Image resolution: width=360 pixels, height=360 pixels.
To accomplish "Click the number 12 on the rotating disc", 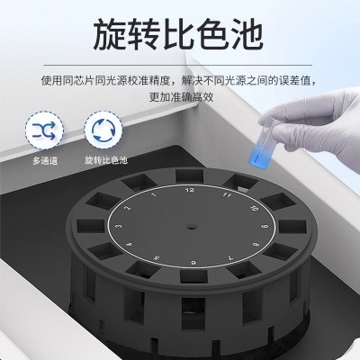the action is (190, 190).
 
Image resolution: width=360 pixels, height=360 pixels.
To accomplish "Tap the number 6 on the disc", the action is (193, 263).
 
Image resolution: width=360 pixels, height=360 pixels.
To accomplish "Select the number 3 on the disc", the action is (120, 226).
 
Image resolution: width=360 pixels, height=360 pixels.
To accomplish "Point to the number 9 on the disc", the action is (264, 227).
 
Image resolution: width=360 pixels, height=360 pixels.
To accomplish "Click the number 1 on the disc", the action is (154, 195).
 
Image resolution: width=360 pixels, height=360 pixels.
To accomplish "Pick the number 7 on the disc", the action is (230, 257).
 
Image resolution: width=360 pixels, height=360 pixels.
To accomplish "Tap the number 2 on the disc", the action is (130, 208).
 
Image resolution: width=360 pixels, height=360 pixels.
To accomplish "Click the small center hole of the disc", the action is (191, 226).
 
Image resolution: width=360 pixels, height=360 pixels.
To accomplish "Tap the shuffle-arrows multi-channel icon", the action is (44, 130).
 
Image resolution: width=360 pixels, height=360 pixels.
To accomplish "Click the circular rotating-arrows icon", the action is (103, 130).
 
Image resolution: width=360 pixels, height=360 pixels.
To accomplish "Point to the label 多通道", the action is (45, 161).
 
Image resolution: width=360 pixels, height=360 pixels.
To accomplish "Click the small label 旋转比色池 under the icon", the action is (106, 160).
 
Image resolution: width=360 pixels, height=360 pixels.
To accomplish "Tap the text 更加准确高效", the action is (182, 97).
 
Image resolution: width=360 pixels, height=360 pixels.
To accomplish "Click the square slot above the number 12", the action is (190, 175).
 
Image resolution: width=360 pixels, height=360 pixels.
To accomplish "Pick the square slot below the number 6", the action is (193, 276).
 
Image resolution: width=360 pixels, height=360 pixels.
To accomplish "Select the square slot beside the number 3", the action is (91, 226).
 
